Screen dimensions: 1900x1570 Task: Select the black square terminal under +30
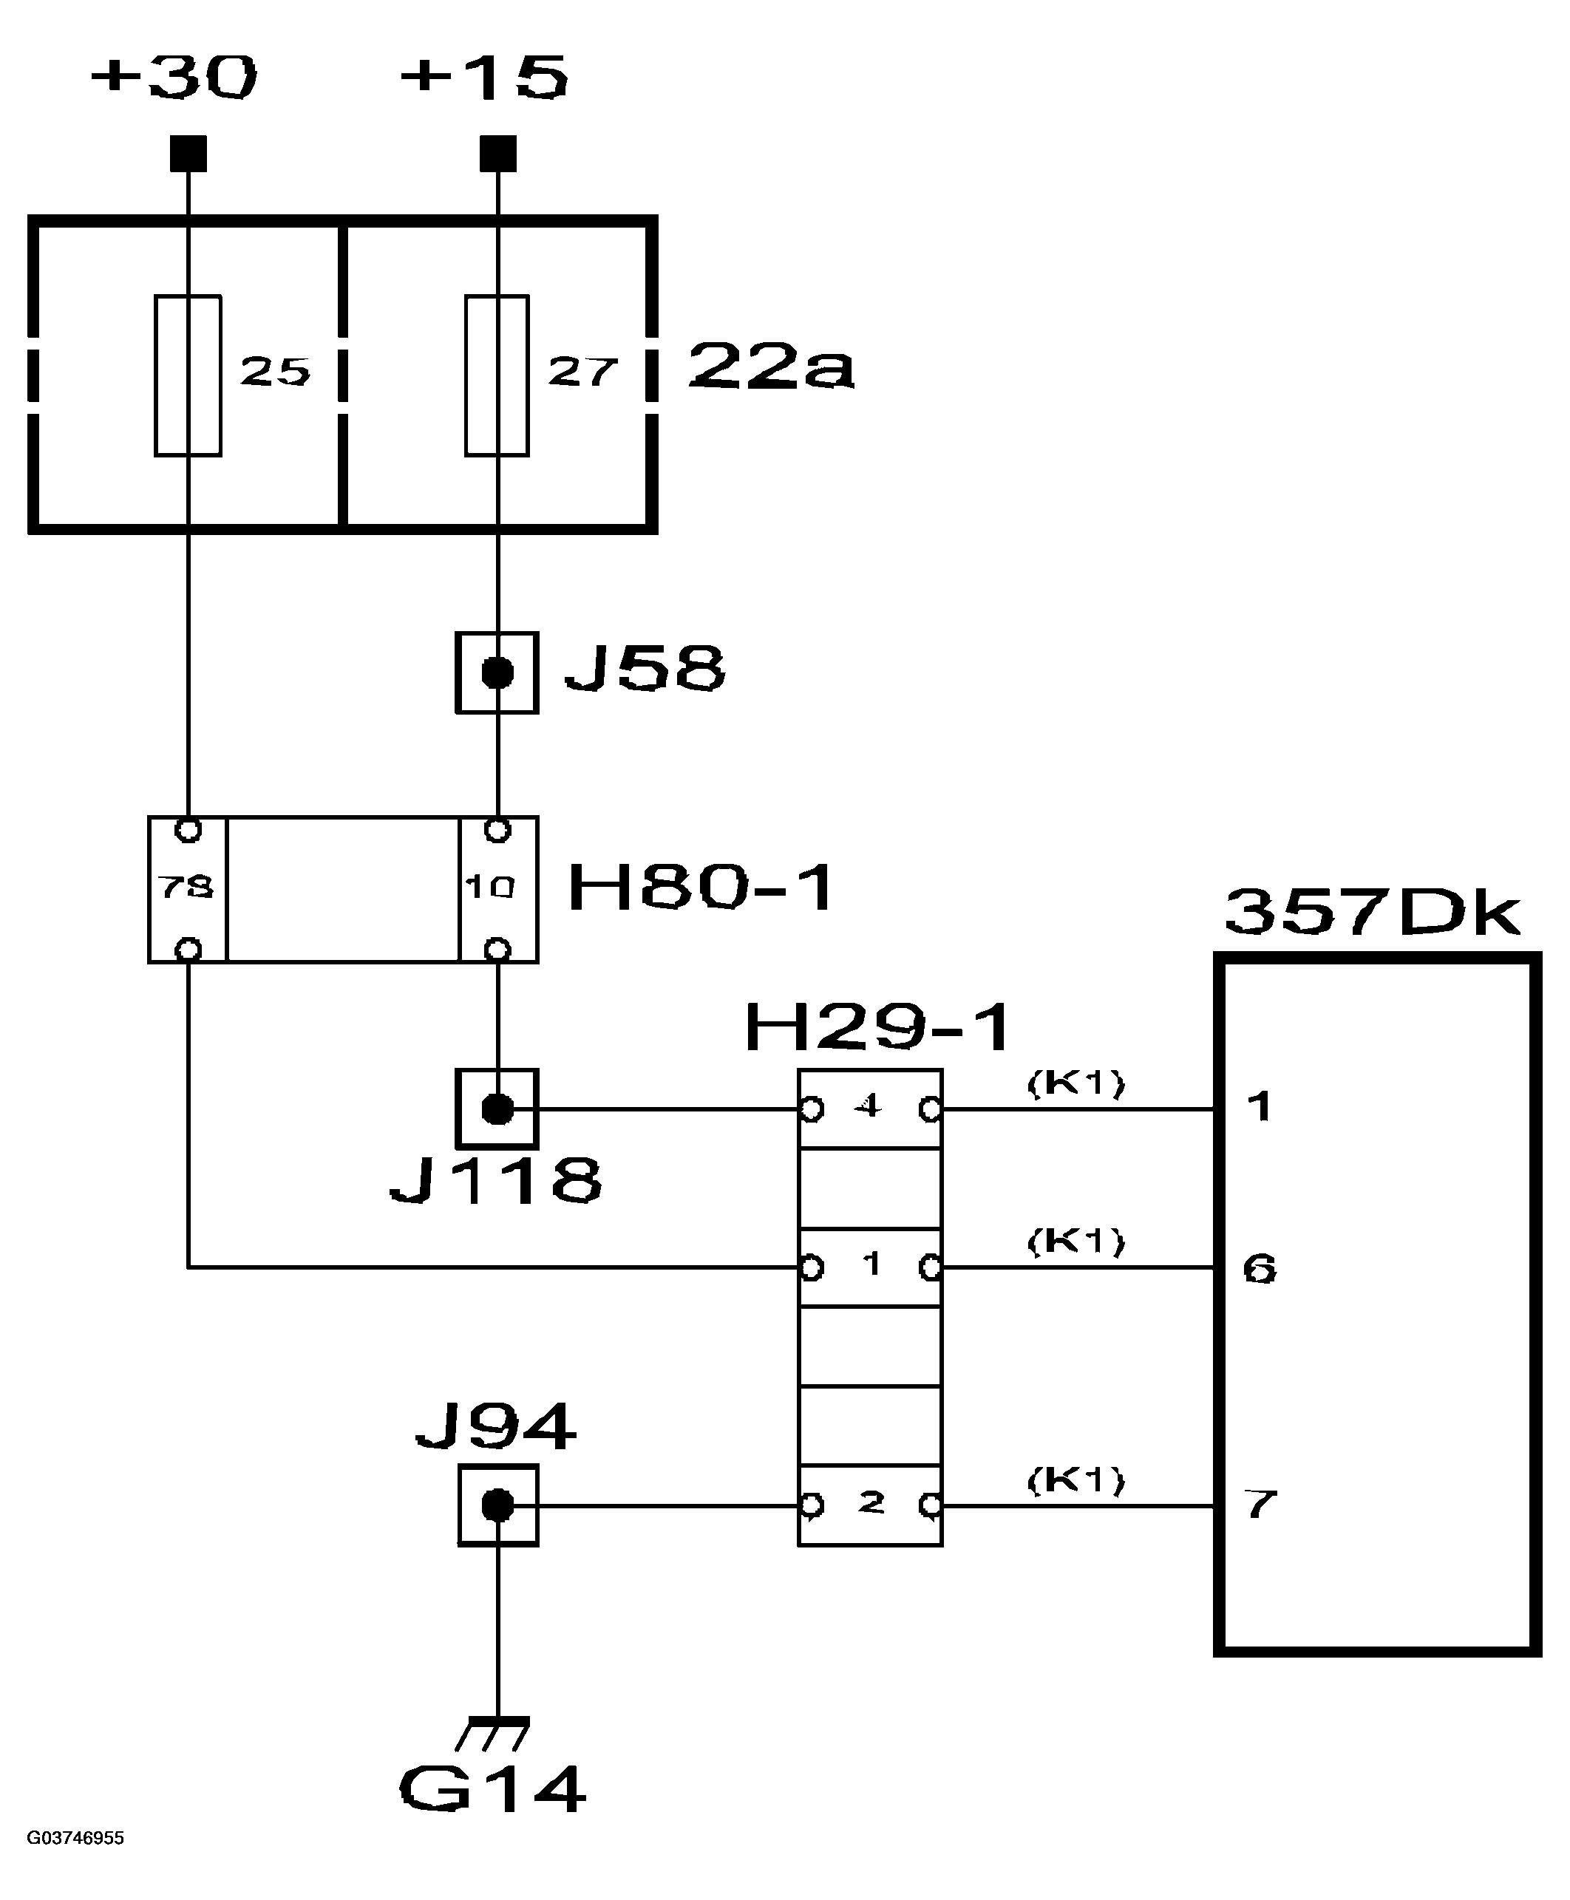[x=188, y=154]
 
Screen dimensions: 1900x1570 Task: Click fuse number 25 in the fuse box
[x=188, y=375]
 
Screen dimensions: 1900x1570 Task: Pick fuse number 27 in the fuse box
[x=497, y=375]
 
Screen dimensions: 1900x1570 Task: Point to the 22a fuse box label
[x=770, y=367]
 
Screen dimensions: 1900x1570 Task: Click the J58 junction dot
[x=497, y=673]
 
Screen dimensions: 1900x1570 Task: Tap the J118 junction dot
[x=497, y=1109]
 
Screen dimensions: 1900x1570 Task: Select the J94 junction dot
[x=497, y=1505]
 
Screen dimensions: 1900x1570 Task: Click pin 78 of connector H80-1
[x=186, y=888]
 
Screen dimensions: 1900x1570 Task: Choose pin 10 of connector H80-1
[x=489, y=888]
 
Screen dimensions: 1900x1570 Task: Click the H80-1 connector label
[x=701, y=888]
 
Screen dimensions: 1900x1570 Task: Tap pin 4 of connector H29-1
[x=869, y=1106]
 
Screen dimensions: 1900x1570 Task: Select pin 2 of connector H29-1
[x=870, y=1503]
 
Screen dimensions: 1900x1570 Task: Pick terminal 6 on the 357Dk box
[x=1259, y=1269]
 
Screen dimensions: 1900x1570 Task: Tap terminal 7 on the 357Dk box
[x=1260, y=1504]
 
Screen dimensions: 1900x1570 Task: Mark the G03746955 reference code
[x=75, y=1838]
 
